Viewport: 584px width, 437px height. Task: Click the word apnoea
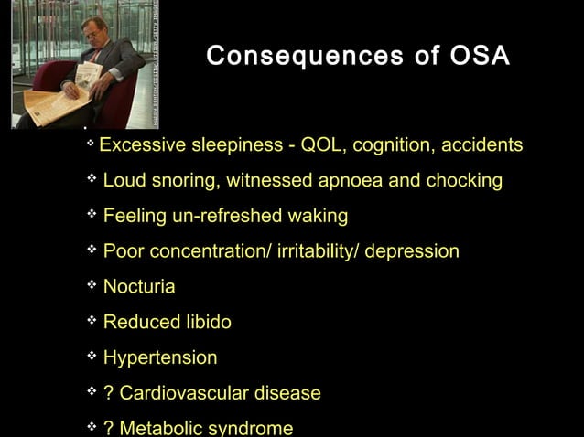pos(350,181)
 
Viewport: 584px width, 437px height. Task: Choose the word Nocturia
pos(139,287)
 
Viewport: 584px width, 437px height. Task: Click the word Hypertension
pos(160,358)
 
